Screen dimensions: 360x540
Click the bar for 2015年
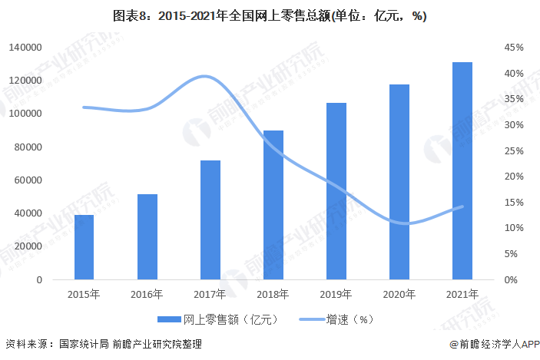click(84, 247)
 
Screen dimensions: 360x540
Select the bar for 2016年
click(147, 236)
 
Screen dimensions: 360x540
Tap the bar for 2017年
click(210, 220)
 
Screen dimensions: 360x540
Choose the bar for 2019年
click(336, 191)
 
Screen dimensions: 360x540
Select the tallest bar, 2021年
click(462, 170)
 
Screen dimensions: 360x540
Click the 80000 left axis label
click(28, 147)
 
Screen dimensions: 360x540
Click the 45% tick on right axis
click(514, 48)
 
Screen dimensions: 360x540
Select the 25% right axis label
click(514, 151)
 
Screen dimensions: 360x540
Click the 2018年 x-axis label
click(273, 294)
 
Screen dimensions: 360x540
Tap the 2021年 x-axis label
click(462, 294)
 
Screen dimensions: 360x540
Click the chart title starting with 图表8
click(270, 15)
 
